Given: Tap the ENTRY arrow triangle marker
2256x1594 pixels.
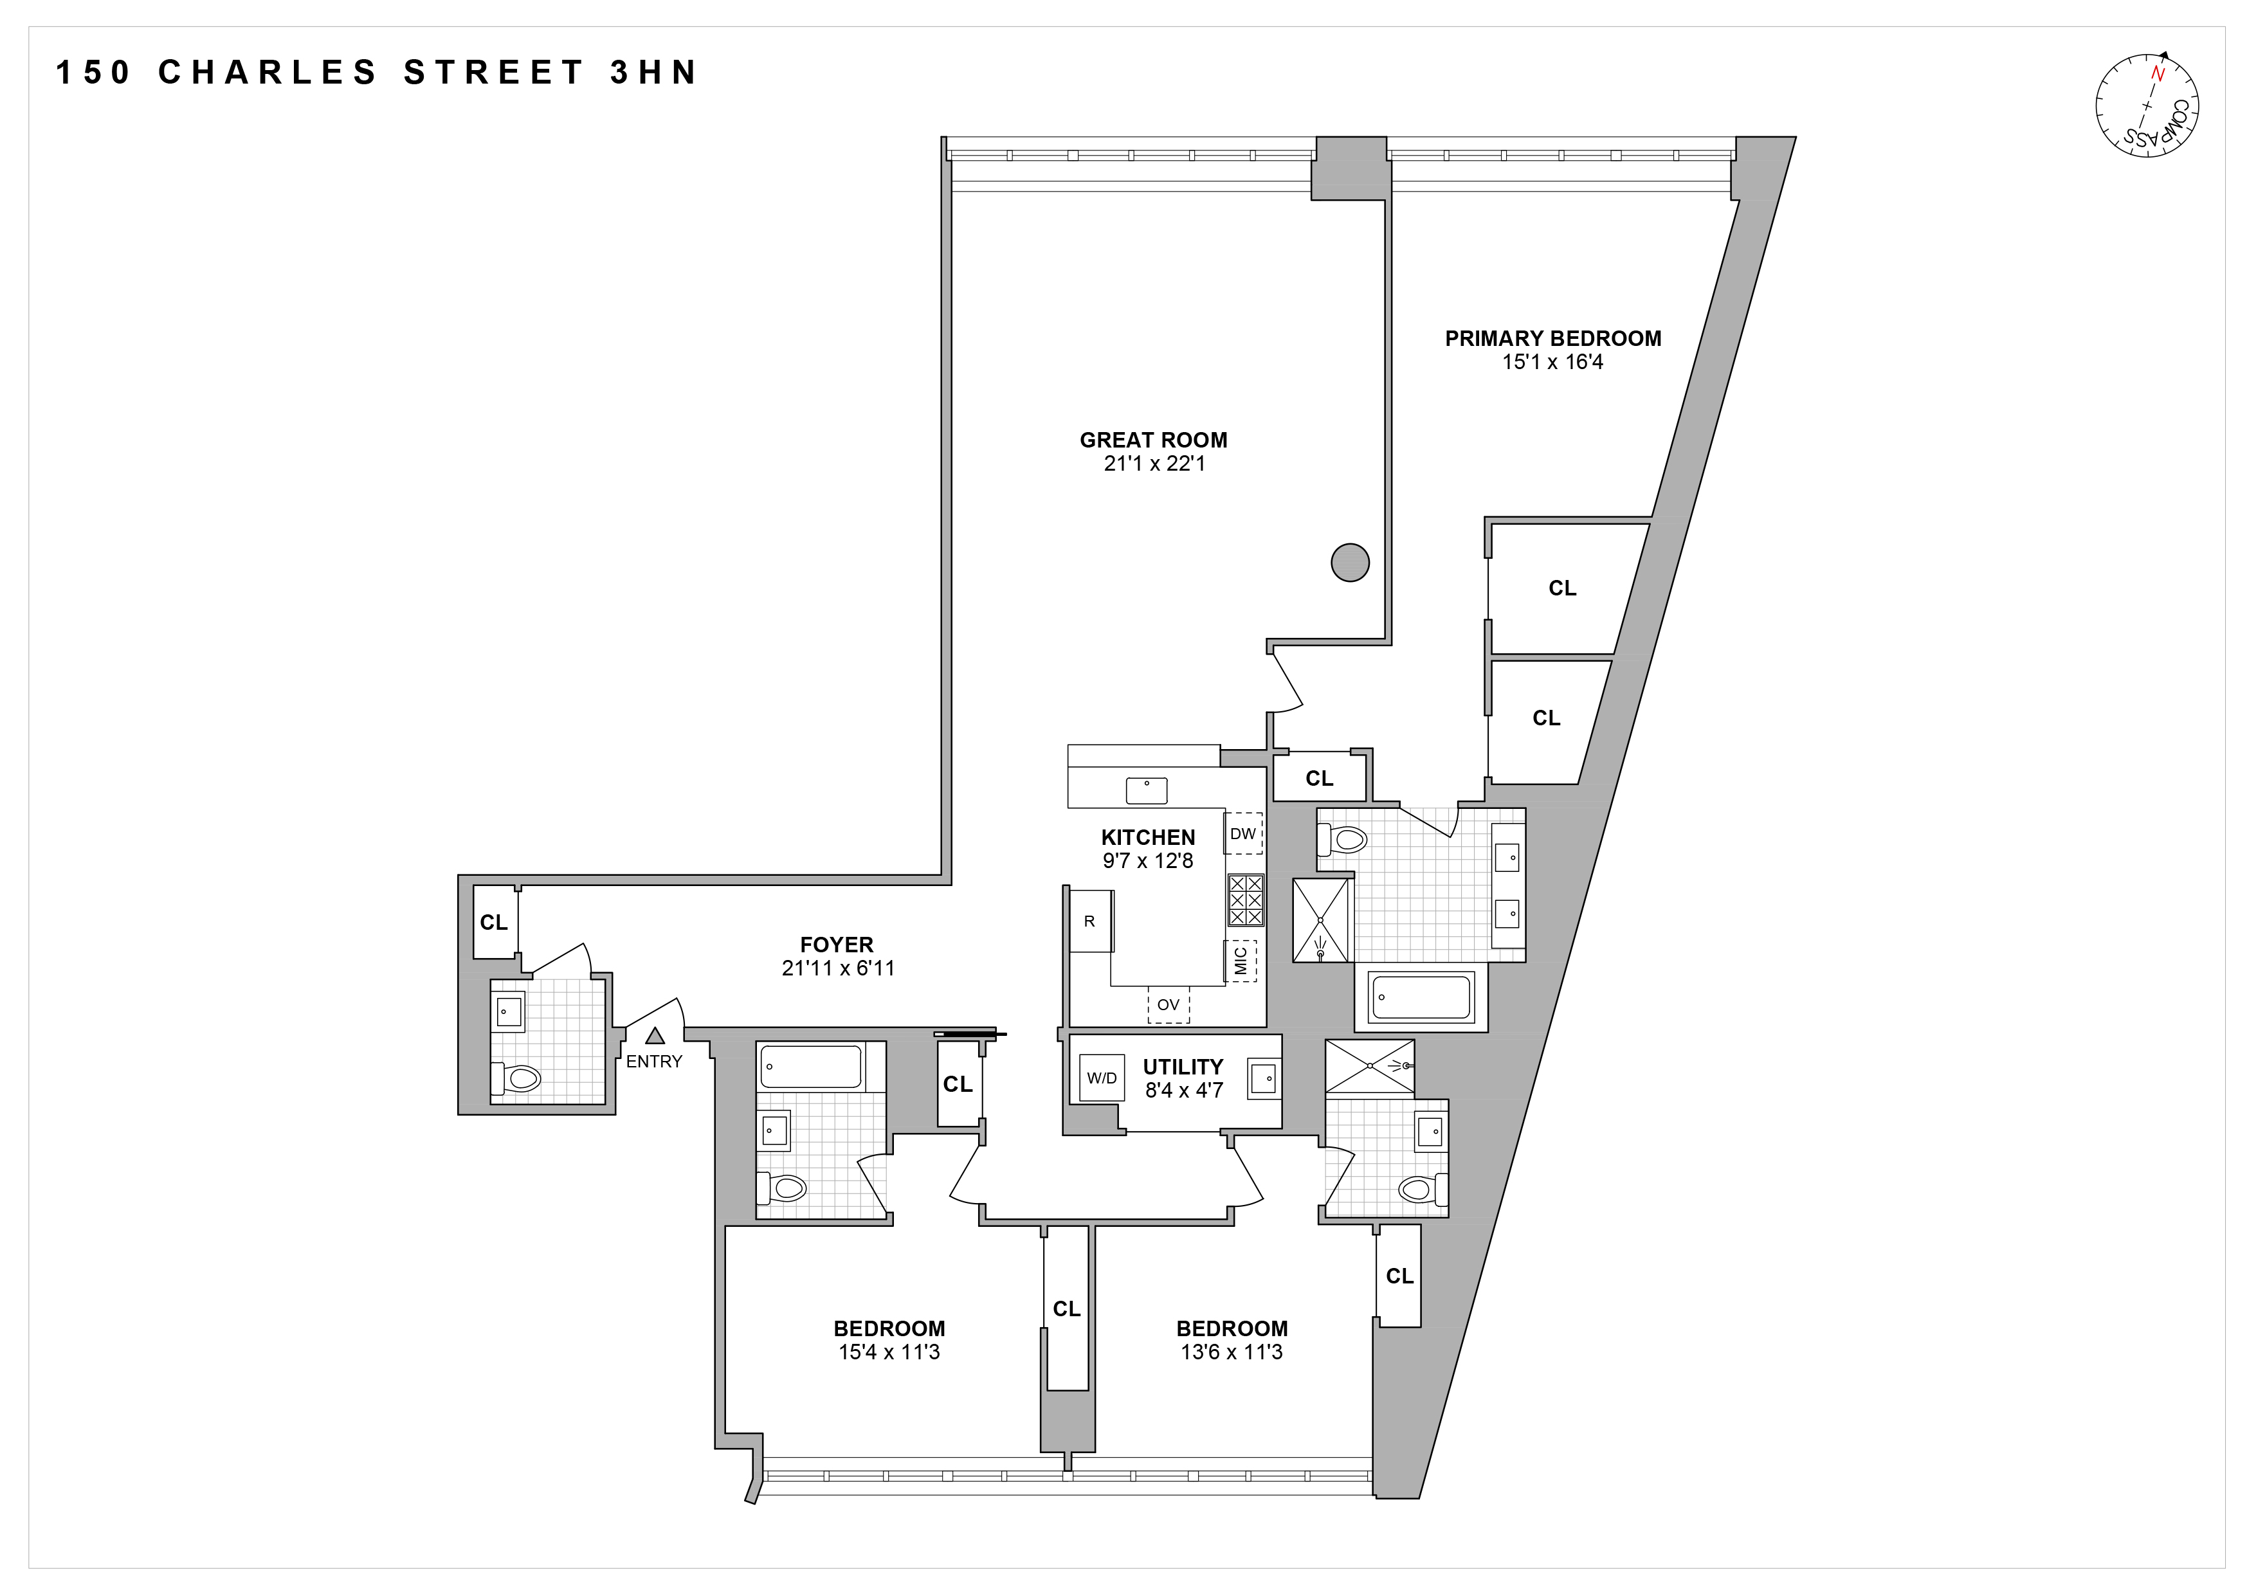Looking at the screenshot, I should [655, 1035].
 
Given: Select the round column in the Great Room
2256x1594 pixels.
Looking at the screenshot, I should [1349, 563].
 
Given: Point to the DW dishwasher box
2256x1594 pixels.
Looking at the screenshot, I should [1243, 834].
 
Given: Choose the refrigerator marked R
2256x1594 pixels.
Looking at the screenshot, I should [1089, 921].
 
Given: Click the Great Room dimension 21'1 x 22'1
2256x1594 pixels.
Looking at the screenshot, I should [1154, 464].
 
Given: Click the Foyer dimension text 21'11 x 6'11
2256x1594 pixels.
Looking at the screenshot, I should [837, 968].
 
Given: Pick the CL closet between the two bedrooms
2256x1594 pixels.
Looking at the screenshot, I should [1067, 1309].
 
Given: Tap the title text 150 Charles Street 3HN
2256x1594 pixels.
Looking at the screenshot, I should [376, 73].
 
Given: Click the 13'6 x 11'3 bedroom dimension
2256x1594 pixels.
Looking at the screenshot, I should [1231, 1352].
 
